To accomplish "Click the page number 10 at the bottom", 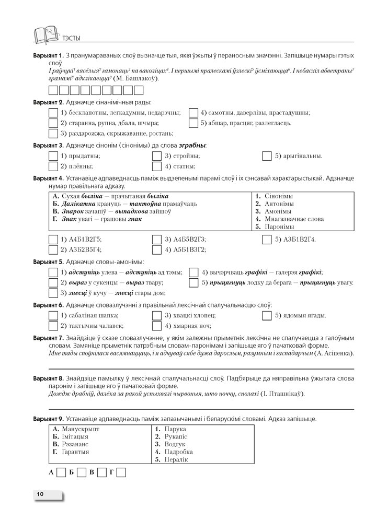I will (40, 494).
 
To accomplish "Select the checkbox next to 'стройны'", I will (157, 156).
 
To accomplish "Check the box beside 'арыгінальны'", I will (267, 156).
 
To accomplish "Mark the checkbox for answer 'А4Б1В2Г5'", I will (53, 240).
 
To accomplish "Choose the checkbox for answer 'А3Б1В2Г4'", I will (267, 240).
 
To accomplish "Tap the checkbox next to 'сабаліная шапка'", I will (53, 316).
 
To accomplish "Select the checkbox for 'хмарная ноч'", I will (157, 326).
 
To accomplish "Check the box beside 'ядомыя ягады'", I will (267, 316).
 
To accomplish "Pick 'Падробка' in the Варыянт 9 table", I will (178, 452).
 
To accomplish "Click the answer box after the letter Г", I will (121, 473).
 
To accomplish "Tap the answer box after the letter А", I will (61, 473).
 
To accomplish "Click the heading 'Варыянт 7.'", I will (48, 338).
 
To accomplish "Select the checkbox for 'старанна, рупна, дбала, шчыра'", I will (53, 123).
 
